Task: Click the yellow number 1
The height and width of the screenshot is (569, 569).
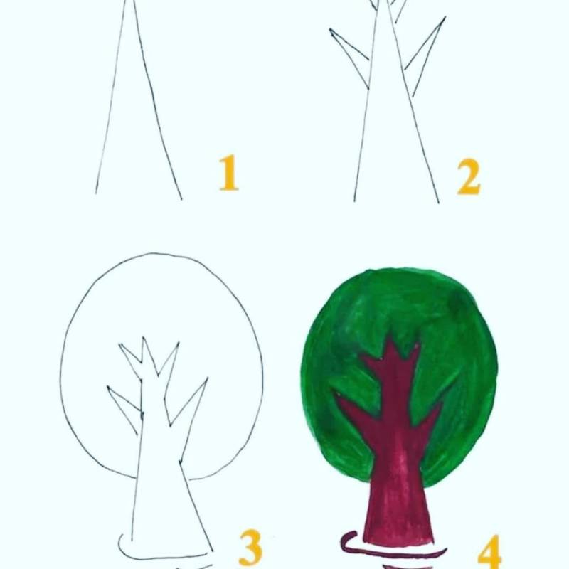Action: point(228,172)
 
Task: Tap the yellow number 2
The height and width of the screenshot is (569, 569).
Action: point(469,176)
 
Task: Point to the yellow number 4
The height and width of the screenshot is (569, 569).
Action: point(489,553)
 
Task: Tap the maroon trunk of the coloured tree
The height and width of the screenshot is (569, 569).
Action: point(398,472)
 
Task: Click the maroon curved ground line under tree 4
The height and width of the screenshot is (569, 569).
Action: point(388,551)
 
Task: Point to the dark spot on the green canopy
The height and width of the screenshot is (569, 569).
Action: point(458,302)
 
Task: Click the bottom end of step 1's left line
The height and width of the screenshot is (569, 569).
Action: point(96,193)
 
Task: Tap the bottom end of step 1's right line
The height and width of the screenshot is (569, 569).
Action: point(181,199)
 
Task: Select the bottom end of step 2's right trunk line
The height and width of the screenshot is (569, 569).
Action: point(439,203)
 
